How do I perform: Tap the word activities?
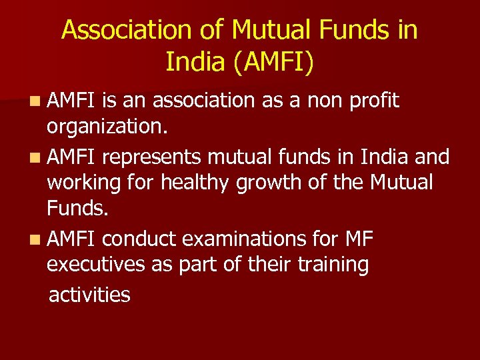tap(90, 294)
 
